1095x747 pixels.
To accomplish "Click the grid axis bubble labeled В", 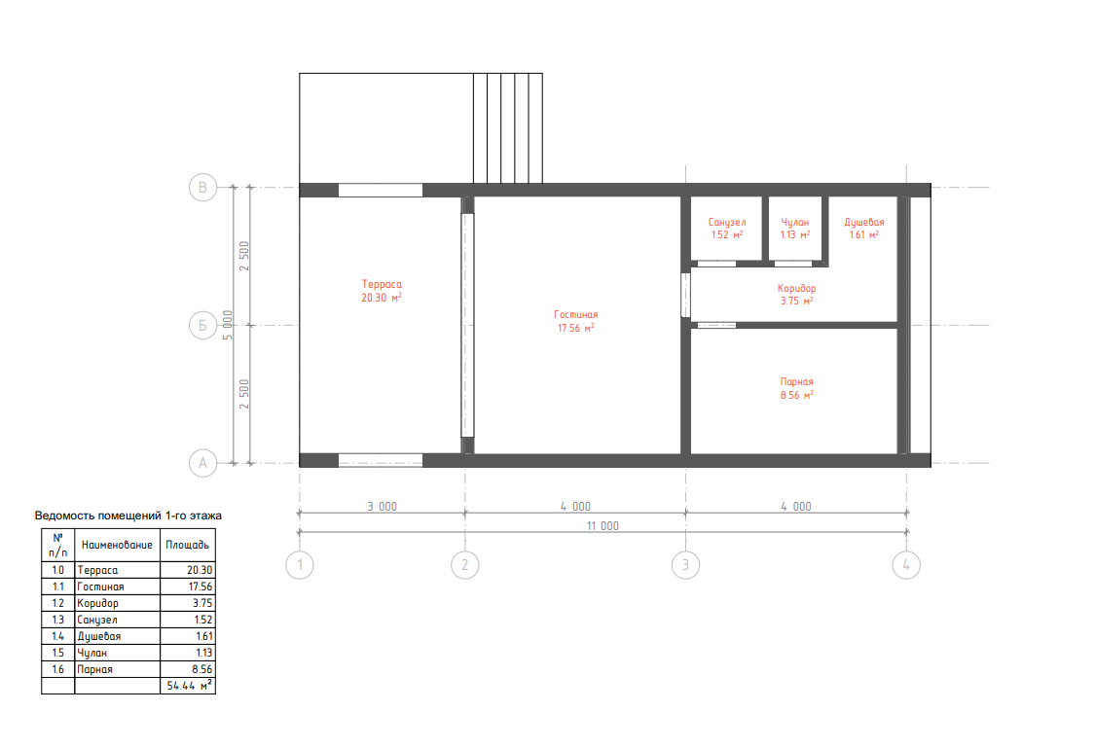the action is (x=202, y=187).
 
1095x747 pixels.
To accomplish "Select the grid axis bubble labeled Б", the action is (x=202, y=325).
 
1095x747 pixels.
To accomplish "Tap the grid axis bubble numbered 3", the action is (x=685, y=565).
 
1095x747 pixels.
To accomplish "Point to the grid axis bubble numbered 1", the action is (x=300, y=565).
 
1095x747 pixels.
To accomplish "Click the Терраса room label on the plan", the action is (x=382, y=284).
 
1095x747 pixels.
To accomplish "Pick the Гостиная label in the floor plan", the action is (x=576, y=315).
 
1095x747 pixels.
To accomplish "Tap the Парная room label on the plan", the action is (x=797, y=382).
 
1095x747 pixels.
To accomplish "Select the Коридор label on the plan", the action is (x=797, y=288).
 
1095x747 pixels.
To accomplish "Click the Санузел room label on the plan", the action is (x=727, y=222).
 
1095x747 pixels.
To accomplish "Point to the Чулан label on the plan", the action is (x=794, y=222).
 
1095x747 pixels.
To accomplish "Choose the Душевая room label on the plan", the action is (x=864, y=222).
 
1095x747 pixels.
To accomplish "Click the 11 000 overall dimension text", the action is (x=602, y=525).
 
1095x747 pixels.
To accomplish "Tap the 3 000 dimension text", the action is (x=382, y=506).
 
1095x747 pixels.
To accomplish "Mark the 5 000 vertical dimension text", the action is (x=227, y=325).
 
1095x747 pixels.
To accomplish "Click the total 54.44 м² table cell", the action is (x=189, y=686).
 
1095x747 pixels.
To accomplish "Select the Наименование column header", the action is (x=117, y=545).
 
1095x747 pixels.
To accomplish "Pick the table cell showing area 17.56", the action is (x=201, y=587).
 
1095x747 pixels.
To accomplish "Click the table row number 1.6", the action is (x=58, y=669).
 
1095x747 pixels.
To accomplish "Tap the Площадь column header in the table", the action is (x=187, y=545).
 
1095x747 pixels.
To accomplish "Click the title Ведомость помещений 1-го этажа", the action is (x=128, y=516).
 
